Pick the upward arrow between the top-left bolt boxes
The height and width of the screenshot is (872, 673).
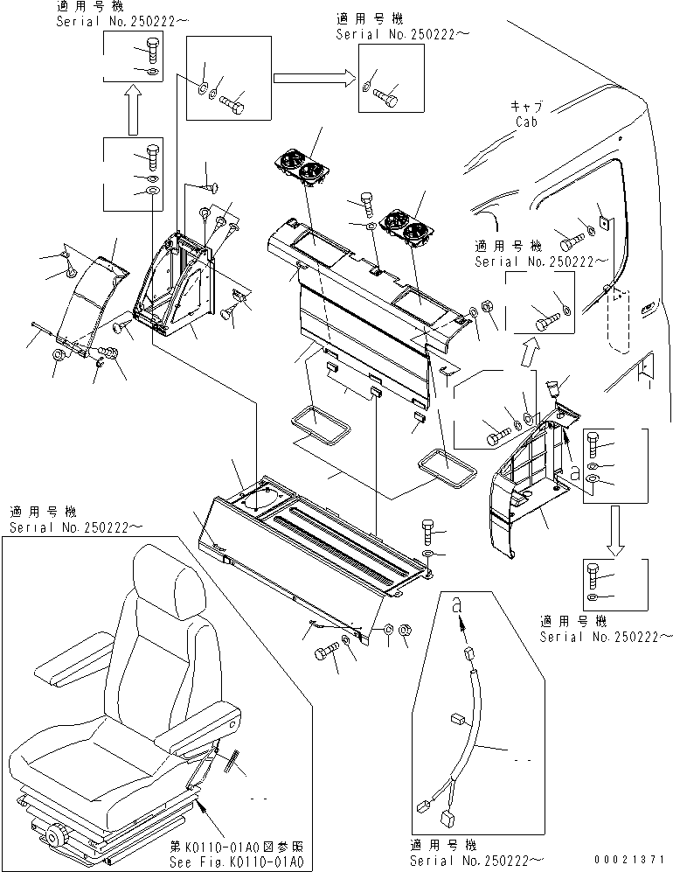pyautogui.click(x=131, y=111)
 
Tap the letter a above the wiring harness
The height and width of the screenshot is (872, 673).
pyautogui.click(x=456, y=603)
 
